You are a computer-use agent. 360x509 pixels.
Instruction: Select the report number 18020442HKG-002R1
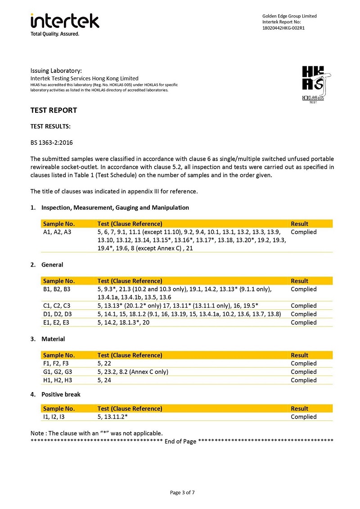[283, 28]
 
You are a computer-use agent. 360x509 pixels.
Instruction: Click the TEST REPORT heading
[54, 110]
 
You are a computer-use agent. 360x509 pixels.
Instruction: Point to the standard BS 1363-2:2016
[51, 143]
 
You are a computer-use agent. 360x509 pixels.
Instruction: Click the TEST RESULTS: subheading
[50, 127]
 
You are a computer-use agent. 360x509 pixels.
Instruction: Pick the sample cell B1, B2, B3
[57, 289]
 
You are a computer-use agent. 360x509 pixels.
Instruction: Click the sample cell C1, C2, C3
[57, 306]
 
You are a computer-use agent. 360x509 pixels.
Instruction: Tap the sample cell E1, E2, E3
[56, 322]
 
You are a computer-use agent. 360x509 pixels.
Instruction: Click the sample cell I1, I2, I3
[54, 417]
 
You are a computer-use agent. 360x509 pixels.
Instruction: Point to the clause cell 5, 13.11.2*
[113, 417]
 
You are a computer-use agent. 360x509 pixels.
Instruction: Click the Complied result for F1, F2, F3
[304, 363]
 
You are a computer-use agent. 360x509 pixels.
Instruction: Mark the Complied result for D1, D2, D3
[304, 314]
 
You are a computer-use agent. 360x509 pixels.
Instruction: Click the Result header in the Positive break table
[300, 409]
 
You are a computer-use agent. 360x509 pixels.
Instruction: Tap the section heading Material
[53, 339]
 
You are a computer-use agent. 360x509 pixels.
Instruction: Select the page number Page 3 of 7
[182, 492]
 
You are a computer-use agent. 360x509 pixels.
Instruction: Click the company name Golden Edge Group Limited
[289, 16]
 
